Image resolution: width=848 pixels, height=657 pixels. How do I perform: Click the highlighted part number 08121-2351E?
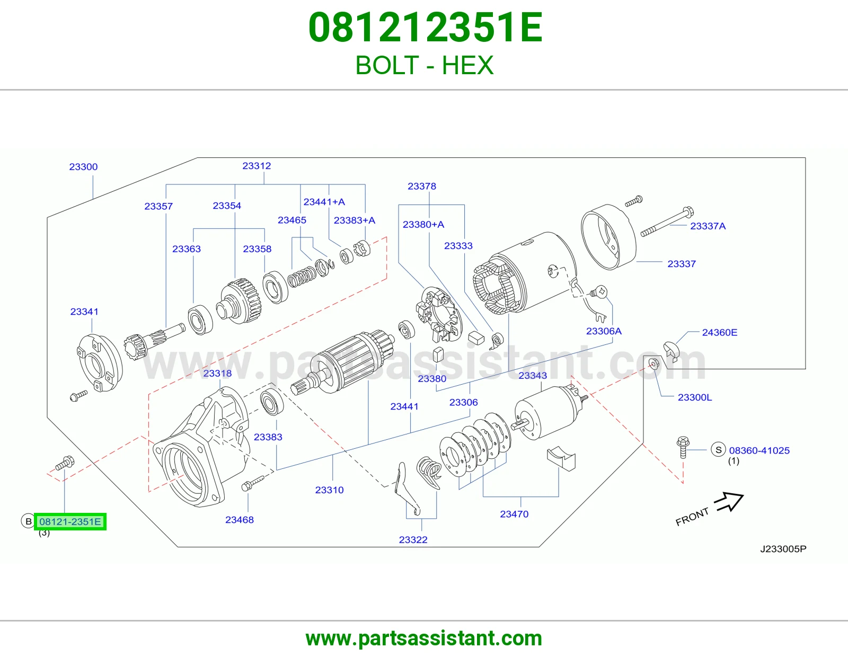(x=70, y=521)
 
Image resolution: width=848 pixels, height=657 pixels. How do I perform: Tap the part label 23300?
(x=84, y=167)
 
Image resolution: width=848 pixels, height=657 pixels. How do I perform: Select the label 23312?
(x=257, y=166)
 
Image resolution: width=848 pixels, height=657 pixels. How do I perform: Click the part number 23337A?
(x=708, y=226)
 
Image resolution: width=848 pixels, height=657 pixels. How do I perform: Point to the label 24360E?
(x=720, y=332)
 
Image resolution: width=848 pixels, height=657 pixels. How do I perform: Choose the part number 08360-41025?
(x=759, y=450)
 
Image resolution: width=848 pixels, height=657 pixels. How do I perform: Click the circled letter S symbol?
(x=719, y=450)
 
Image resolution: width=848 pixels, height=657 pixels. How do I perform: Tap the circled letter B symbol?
(x=28, y=521)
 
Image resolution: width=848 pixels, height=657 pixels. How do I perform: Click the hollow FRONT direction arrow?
(x=729, y=502)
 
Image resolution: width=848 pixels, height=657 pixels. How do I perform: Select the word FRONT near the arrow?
(x=692, y=517)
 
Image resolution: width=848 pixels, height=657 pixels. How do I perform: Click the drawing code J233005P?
(x=783, y=549)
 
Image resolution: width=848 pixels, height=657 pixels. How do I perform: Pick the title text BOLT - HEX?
(x=424, y=65)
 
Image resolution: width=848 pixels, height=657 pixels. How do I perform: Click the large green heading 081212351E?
(x=426, y=28)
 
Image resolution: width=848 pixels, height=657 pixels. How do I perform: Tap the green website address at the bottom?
(x=424, y=638)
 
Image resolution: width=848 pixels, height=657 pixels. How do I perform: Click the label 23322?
(x=413, y=540)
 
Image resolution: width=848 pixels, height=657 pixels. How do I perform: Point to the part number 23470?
(x=514, y=514)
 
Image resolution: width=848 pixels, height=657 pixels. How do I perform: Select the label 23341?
(x=84, y=312)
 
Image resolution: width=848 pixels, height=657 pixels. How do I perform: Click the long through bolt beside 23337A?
(x=667, y=221)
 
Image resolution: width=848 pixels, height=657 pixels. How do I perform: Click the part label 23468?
(x=240, y=520)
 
